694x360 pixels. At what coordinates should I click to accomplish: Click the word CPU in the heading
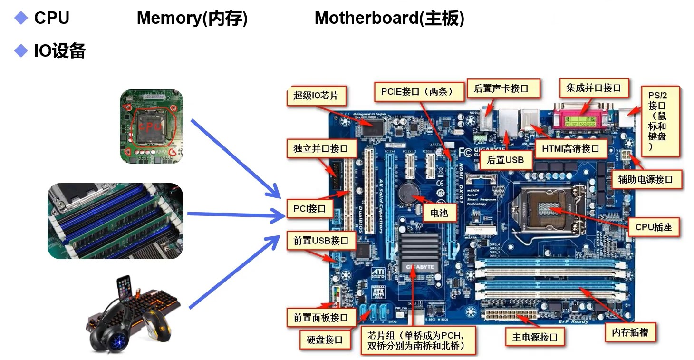pyautogui.click(x=51, y=19)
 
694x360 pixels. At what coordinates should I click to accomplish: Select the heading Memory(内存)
pyautogui.click(x=192, y=19)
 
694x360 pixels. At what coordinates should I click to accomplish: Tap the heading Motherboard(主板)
pyautogui.click(x=389, y=19)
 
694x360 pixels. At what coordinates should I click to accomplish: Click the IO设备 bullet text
pyautogui.click(x=59, y=51)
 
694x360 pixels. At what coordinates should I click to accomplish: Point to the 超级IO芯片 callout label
pyautogui.click(x=316, y=96)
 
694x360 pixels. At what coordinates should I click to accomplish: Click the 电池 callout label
pyautogui.click(x=439, y=213)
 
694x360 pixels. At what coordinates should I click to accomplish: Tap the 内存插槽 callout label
pyautogui.click(x=630, y=332)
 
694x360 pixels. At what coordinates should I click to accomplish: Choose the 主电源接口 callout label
pyautogui.click(x=534, y=337)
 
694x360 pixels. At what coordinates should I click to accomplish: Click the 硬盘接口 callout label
pyautogui.click(x=325, y=340)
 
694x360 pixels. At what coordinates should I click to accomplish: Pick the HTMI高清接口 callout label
pyautogui.click(x=570, y=149)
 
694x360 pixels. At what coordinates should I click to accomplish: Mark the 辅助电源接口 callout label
pyautogui.click(x=645, y=179)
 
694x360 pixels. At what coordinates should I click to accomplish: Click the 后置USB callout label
pyautogui.click(x=505, y=160)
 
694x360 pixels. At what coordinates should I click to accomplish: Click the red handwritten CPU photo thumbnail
pyautogui.click(x=151, y=126)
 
